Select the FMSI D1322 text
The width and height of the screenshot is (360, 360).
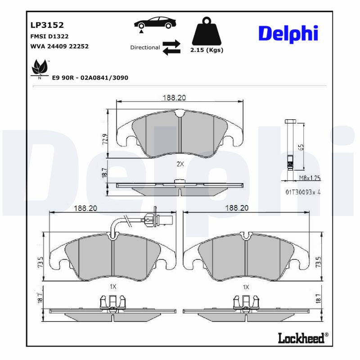pos(49,36)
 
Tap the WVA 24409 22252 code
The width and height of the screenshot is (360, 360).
pos(59,46)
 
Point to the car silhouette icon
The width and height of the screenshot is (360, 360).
pos(154,23)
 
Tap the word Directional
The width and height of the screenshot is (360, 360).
pos(145,47)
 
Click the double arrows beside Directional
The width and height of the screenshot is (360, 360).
pos(171,47)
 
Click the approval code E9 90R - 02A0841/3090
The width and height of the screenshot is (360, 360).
pos(90,78)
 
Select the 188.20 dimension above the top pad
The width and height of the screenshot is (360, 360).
pos(174,98)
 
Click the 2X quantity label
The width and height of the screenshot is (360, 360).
pos(180,164)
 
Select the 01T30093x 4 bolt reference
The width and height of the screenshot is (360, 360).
pos(305,192)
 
